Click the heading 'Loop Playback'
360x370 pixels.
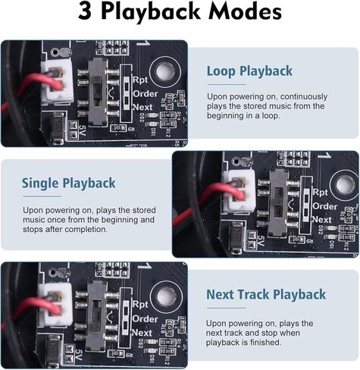point(249,71)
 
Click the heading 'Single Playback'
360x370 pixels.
point(68,183)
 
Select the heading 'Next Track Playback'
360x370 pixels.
point(266,294)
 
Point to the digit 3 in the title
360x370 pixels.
point(87,14)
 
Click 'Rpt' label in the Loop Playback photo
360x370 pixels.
point(140,79)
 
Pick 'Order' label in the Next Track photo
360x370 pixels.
point(145,318)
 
